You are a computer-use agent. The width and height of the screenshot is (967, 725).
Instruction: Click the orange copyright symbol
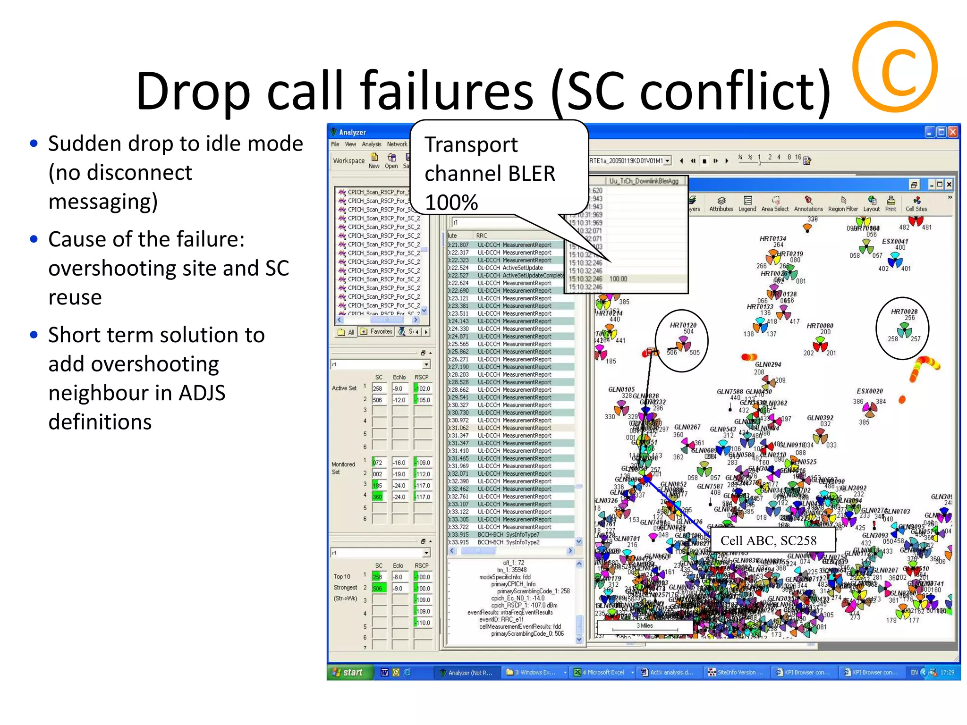pos(895,67)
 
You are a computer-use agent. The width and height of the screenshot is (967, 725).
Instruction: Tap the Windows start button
pos(348,672)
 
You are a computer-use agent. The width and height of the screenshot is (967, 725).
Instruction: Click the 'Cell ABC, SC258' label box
pos(768,540)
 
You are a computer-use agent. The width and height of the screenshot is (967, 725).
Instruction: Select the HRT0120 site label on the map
pos(683,325)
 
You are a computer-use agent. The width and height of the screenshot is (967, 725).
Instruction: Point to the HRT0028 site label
pos(904,312)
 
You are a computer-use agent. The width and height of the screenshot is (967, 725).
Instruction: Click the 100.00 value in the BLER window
pos(618,279)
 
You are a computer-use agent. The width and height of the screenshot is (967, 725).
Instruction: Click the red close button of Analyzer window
pos(953,132)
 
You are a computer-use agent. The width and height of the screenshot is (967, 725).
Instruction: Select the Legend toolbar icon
pos(747,203)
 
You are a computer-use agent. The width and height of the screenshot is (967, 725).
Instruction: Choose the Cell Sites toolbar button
pos(916,203)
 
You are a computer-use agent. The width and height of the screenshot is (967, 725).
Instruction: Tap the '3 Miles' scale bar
pos(645,626)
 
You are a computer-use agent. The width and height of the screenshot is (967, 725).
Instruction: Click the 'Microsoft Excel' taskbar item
pos(603,672)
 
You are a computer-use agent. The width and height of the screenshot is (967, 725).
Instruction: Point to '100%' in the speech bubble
pos(451,202)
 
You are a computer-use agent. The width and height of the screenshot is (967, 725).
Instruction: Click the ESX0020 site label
pos(869,391)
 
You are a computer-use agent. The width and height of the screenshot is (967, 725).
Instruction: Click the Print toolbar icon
pos(891,203)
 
